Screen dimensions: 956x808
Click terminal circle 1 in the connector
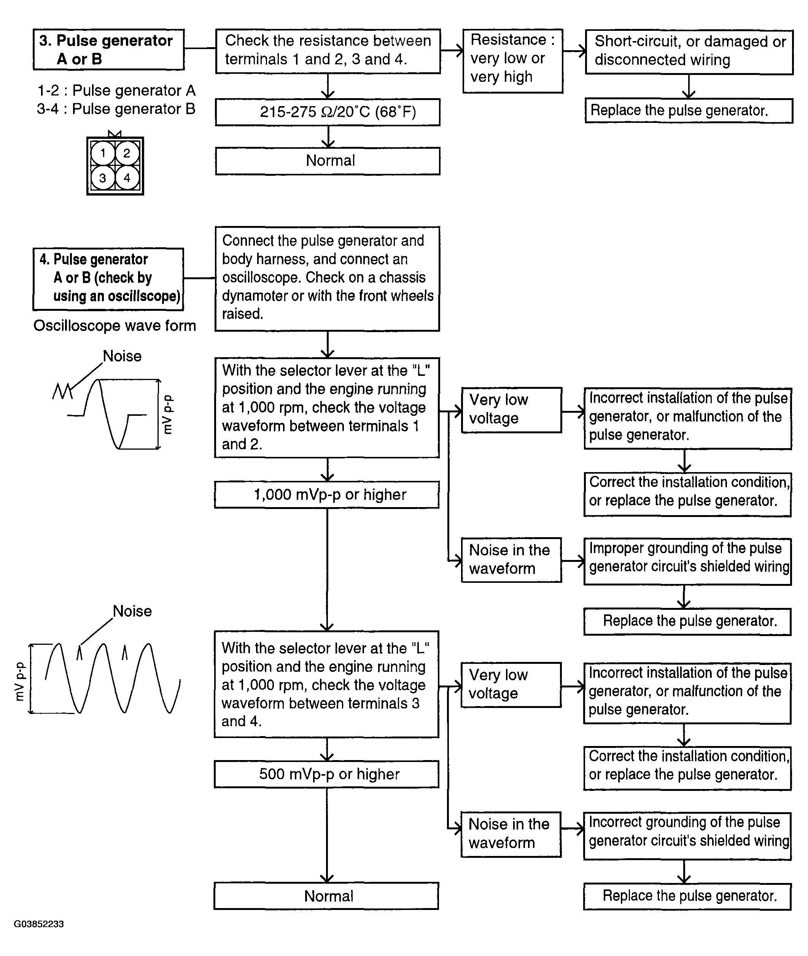click(x=103, y=153)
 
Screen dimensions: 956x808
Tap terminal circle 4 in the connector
click(x=127, y=178)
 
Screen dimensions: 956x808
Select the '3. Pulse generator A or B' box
click(x=108, y=49)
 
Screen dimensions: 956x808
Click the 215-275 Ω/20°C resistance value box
click(x=328, y=112)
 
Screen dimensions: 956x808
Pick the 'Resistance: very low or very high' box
click(x=512, y=60)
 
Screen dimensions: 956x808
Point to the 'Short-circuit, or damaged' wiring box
click(x=689, y=51)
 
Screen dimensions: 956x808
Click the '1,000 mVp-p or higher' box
click(x=327, y=494)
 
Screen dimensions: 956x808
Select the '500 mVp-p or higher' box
click(x=327, y=774)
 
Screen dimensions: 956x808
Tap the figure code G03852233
click(x=39, y=924)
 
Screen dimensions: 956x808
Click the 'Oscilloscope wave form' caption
click(x=115, y=326)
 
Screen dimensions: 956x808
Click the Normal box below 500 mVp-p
click(x=327, y=896)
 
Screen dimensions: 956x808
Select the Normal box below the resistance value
click(x=328, y=161)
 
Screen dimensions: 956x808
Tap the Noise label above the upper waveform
click(x=122, y=356)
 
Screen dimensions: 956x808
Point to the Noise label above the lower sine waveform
click(x=132, y=611)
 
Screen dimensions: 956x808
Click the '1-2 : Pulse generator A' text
click(x=116, y=91)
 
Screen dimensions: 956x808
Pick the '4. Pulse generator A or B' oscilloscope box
click(x=108, y=278)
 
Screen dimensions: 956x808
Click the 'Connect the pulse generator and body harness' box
click(x=328, y=278)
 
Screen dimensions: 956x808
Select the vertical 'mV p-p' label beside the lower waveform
click(x=20, y=682)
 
